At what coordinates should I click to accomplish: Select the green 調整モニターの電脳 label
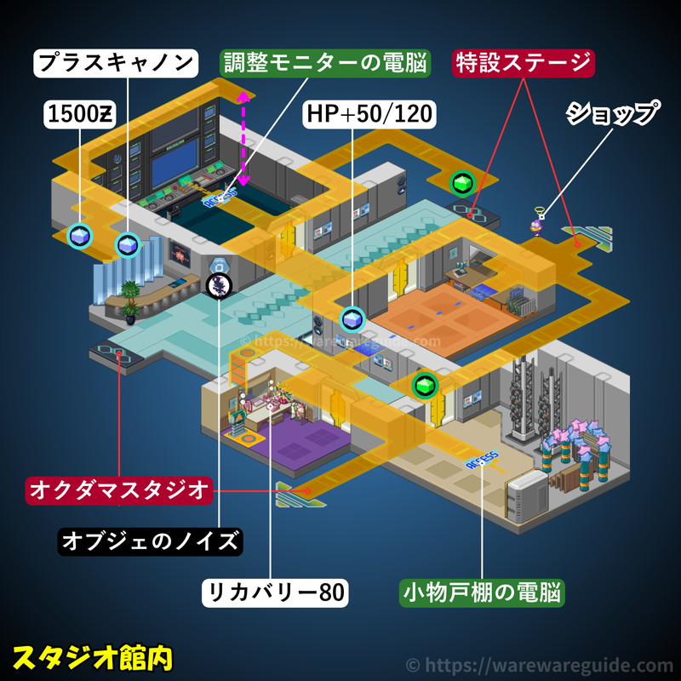[x=326, y=62]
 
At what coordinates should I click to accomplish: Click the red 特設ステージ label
[x=523, y=62]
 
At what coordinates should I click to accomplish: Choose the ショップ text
[x=613, y=113]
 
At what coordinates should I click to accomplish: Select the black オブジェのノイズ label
[x=150, y=541]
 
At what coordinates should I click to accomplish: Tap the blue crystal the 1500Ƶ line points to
[x=81, y=236]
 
